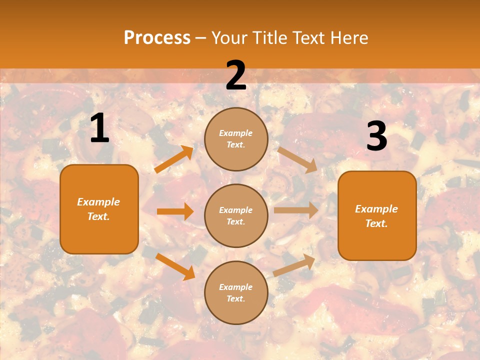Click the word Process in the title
pyautogui.click(x=157, y=38)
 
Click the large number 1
pyautogui.click(x=99, y=128)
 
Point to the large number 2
pyautogui.click(x=236, y=75)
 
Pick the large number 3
pyautogui.click(x=376, y=136)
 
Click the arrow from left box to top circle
pyautogui.click(x=174, y=159)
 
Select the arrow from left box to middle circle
pyautogui.click(x=175, y=211)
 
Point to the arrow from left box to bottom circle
pyautogui.click(x=175, y=266)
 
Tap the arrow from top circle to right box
pyautogui.click(x=297, y=159)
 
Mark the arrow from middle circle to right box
pyautogui.click(x=296, y=210)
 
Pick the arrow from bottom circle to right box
pyautogui.click(x=294, y=265)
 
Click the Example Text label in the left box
pyautogui.click(x=98, y=209)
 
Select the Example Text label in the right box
pyautogui.click(x=376, y=216)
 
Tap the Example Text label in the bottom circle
pyautogui.click(x=235, y=292)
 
